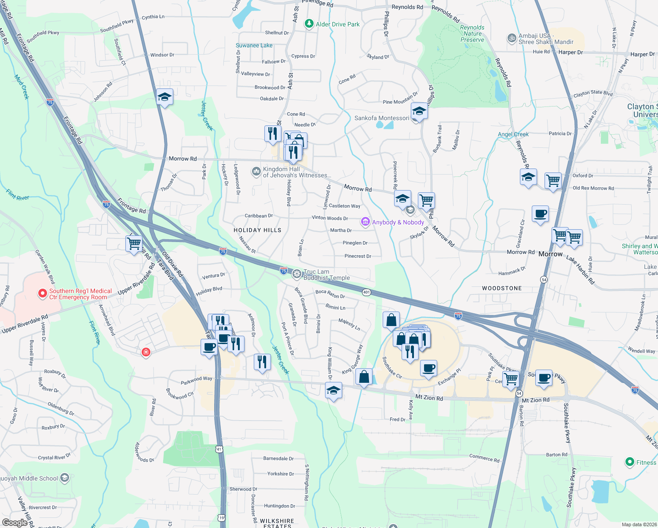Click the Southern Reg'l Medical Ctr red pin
tap(42, 293)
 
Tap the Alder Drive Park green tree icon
tap(309, 24)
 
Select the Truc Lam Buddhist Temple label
tap(326, 275)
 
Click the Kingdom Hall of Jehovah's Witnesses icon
tap(256, 172)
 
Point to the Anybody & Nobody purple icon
tap(365, 222)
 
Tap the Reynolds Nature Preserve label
tap(472, 33)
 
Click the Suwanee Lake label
tap(254, 45)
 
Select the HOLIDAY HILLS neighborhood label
tap(257, 230)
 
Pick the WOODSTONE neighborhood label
tap(502, 288)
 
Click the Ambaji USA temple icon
tap(512, 38)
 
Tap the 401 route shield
tap(366, 292)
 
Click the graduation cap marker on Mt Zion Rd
tap(333, 390)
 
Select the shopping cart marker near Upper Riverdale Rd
tap(134, 243)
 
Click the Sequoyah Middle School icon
tap(65, 478)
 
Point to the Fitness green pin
tap(630, 462)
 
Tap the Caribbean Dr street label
tap(259, 216)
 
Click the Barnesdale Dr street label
tap(278, 458)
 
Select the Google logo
tap(15, 522)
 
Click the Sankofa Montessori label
tap(382, 118)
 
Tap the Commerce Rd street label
tap(484, 458)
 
